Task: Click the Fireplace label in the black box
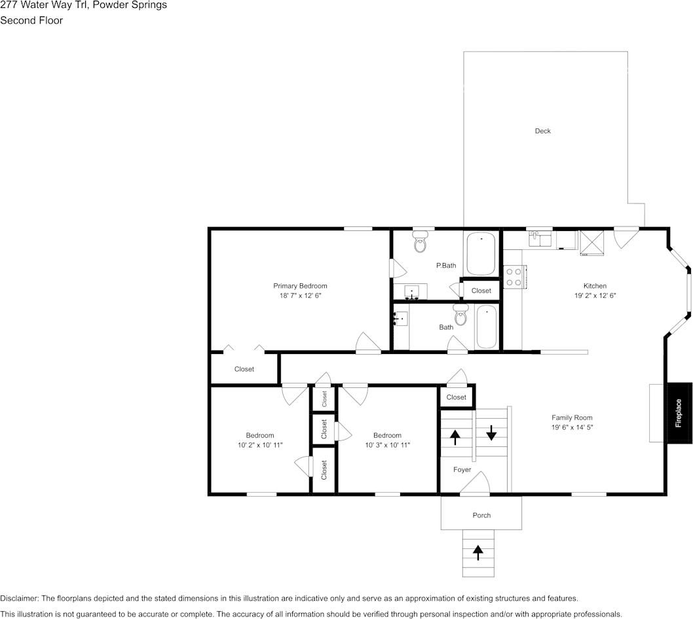[679, 413]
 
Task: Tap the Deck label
[542, 131]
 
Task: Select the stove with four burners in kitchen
[513, 277]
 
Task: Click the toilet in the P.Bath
[421, 243]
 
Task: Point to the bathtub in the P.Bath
[482, 255]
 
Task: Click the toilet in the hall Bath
[461, 316]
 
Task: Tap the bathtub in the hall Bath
[487, 327]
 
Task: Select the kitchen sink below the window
[540, 238]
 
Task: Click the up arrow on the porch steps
[478, 553]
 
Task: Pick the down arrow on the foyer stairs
[491, 433]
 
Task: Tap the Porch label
[481, 516]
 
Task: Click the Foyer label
[462, 470]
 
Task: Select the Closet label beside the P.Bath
[481, 291]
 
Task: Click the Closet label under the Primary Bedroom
[244, 369]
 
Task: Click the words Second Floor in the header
[31, 20]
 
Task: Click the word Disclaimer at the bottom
[19, 599]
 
